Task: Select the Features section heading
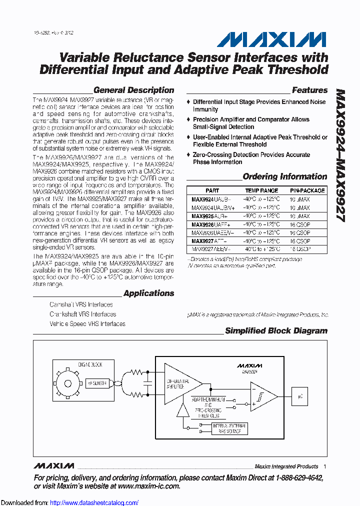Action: pos(309,90)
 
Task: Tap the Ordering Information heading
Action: pos(284,176)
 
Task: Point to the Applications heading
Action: pos(148,293)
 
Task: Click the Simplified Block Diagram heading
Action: pos(276,331)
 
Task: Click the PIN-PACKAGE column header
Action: pos(307,190)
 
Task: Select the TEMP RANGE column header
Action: pos(261,190)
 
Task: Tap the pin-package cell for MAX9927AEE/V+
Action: pos(300,249)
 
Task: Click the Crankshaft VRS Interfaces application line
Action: pos(82,314)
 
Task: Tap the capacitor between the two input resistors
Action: pos(147,383)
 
